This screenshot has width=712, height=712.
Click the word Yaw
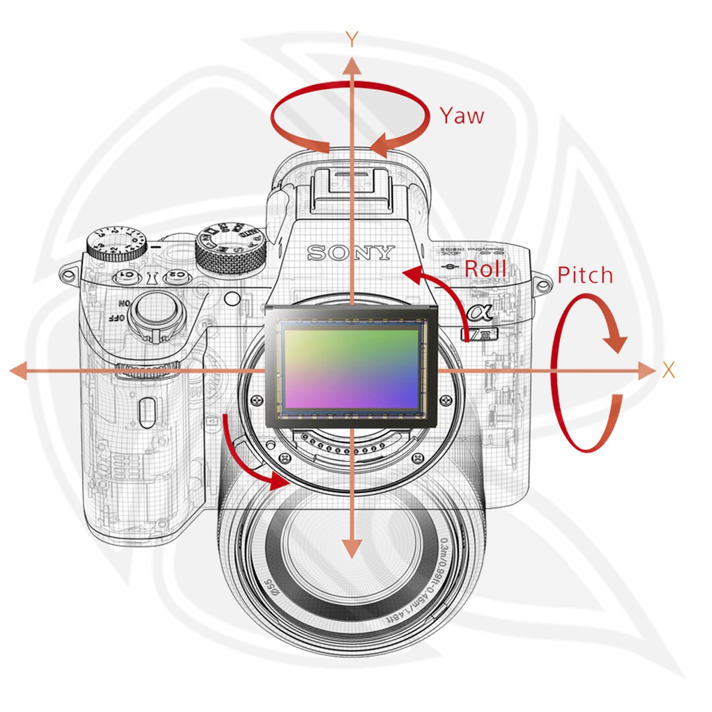point(461,115)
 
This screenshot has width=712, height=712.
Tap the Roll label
point(485,269)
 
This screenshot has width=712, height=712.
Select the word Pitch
point(585,275)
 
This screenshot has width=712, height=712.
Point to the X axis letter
point(669,371)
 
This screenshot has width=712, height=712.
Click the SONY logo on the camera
point(351,252)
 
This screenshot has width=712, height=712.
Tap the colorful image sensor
point(351,366)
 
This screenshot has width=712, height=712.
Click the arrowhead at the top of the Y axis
point(353,67)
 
